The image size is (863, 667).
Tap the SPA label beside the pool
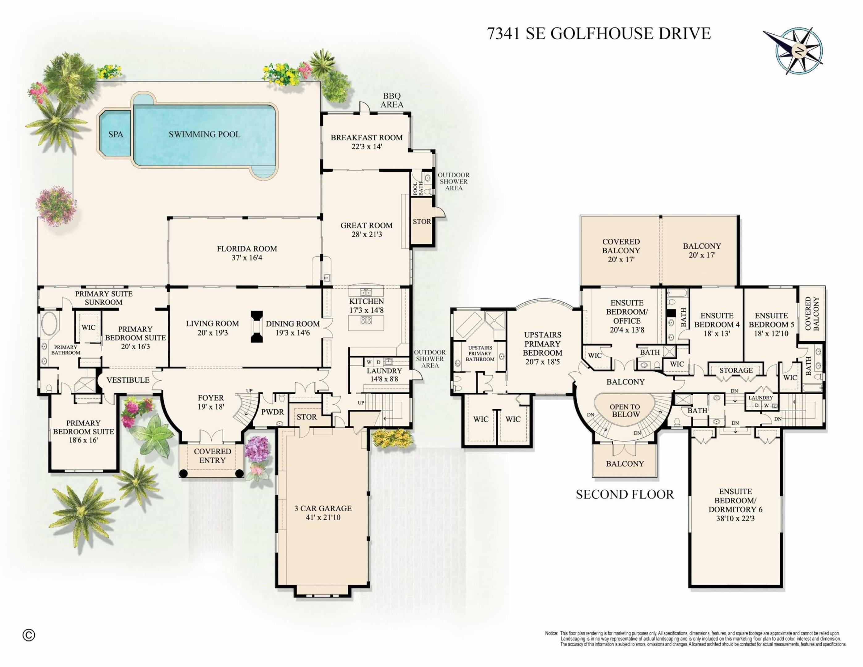point(116,134)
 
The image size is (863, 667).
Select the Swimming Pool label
point(204,134)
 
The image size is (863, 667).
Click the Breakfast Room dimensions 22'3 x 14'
point(367,147)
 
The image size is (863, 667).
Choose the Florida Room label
point(247,249)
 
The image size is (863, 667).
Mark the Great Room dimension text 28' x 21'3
point(367,234)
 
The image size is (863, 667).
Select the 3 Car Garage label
point(323,509)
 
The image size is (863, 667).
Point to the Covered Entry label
point(212,455)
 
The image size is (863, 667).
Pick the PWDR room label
point(273,412)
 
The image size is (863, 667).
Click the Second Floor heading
point(625,494)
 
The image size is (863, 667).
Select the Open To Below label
point(625,411)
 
